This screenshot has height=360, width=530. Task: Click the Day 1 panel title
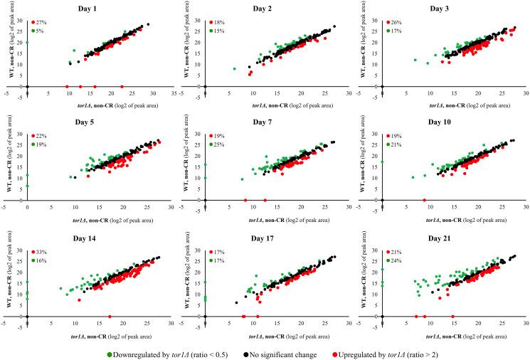pos(106,8)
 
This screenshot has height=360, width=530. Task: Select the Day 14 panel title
pos(106,240)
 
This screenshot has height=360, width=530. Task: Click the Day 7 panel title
pos(284,124)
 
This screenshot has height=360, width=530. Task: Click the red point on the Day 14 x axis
pos(110,316)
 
